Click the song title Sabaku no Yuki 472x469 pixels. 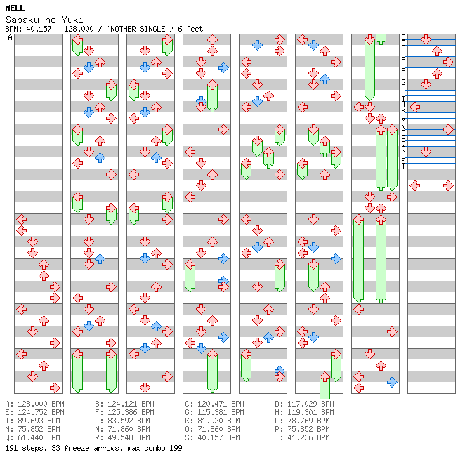coord(34,20)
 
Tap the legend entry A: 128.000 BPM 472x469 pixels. coord(34,404)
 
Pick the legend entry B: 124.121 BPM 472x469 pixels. coord(124,404)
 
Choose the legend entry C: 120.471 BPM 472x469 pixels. coord(214,404)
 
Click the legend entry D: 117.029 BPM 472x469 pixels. coord(304,404)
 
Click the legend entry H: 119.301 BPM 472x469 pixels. coord(304,413)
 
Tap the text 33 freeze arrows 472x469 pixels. coord(80,447)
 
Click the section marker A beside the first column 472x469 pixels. coord(11,38)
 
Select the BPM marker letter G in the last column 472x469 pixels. coord(403,83)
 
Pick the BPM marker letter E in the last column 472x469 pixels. coord(403,60)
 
